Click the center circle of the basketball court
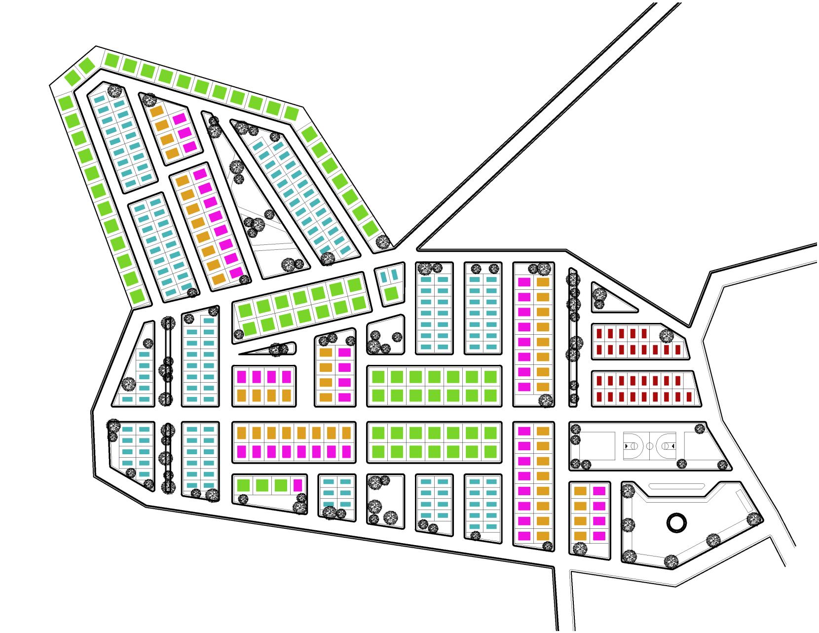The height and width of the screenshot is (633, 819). pos(649,446)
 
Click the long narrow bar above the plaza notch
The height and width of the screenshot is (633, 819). pos(676,486)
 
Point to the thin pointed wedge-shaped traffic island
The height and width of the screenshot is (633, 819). pos(266,349)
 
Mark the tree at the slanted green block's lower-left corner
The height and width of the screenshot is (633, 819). pos(239,334)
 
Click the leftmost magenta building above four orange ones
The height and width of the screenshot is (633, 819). pos(242,377)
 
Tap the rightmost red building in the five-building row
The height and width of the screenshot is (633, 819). pos(644,334)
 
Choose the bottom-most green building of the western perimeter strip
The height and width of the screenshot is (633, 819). pos(138,296)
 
